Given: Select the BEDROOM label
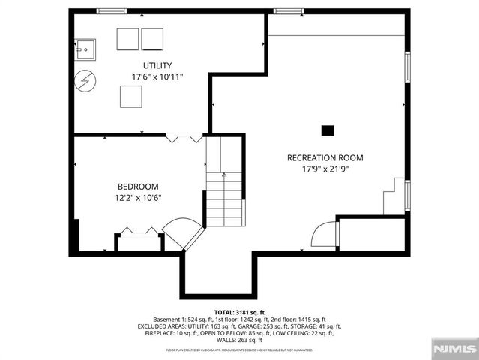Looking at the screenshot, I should pyautogui.click(x=138, y=187).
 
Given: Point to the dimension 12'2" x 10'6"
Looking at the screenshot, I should pyautogui.click(x=138, y=198).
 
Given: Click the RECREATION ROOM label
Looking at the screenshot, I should pyautogui.click(x=325, y=158).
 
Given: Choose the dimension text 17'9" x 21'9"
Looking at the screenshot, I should pyautogui.click(x=325, y=169).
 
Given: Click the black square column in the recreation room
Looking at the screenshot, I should pyautogui.click(x=328, y=130).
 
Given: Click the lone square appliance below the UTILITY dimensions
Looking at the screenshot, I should pyautogui.click(x=132, y=96).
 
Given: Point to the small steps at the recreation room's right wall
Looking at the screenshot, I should pyautogui.click(x=394, y=199).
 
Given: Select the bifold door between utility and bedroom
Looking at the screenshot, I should pyautogui.click(x=184, y=138).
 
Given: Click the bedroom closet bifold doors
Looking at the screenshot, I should pyautogui.click(x=139, y=232).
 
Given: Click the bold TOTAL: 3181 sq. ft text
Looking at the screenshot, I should pyautogui.click(x=239, y=311).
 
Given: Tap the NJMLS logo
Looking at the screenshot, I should pyautogui.click(x=453, y=349).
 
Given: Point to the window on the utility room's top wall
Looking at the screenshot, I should pyautogui.click(x=109, y=11).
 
